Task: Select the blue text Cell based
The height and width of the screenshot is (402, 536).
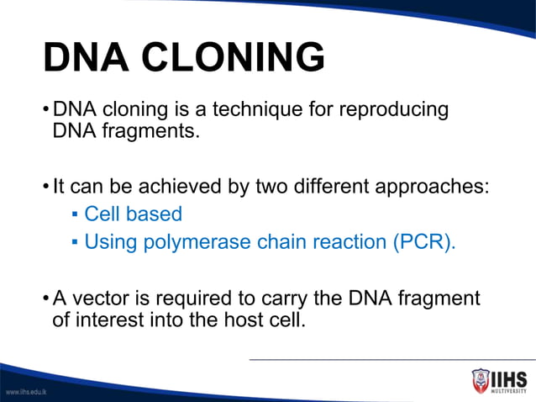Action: point(133,214)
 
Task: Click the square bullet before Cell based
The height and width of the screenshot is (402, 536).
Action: point(75,215)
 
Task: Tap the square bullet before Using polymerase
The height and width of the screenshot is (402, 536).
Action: point(75,243)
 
